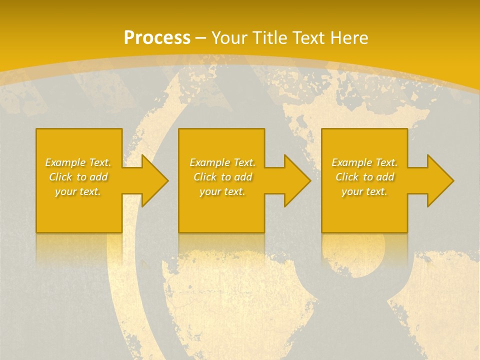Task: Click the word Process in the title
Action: tap(157, 38)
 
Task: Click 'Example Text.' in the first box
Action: tap(78, 162)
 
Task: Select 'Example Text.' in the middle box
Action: tap(222, 162)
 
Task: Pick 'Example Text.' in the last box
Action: tap(364, 162)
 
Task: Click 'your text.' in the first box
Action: tap(78, 191)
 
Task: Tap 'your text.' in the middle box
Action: tap(222, 191)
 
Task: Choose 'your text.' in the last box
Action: tap(364, 191)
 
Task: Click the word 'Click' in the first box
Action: tap(60, 177)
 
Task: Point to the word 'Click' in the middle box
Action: tap(205, 177)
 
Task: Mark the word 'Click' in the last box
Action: tap(347, 177)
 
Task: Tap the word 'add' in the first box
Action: tap(98, 177)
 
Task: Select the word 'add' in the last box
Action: tap(385, 177)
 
